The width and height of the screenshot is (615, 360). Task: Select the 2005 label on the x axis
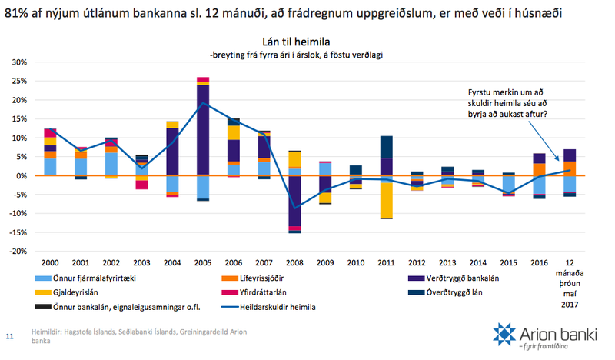point(203,262)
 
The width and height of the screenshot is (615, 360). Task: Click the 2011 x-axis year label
point(386,262)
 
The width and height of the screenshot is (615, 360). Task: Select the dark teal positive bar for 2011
point(386,147)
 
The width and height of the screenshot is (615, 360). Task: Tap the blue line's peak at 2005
point(203,103)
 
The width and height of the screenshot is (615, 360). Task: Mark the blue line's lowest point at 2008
point(294,208)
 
